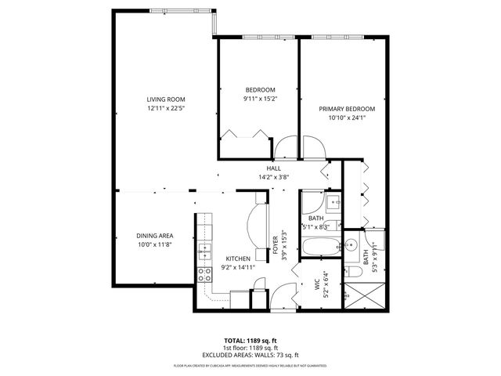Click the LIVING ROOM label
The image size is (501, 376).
165,99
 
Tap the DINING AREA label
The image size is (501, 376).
154,236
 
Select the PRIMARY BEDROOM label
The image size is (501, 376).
346,109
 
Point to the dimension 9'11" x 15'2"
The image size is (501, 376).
259,99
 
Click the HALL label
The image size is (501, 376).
274,168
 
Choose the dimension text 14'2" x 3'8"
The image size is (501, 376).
274,178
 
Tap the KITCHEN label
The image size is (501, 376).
238,258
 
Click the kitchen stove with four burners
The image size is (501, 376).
204,274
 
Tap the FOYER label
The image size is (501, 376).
275,244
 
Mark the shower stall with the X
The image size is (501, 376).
366,296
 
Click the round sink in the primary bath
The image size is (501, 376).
351,244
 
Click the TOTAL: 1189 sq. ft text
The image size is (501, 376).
250,341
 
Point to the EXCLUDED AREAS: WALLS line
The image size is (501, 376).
250,355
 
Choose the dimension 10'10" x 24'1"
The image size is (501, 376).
346,117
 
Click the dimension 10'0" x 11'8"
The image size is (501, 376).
154,244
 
